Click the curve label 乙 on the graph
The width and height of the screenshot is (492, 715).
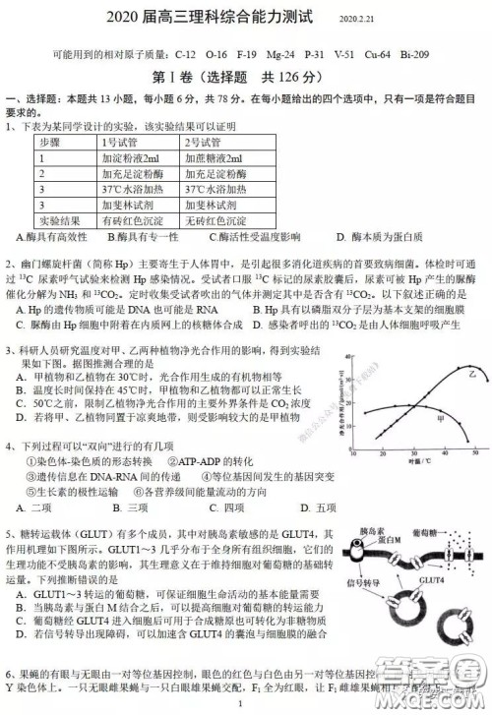click(x=444, y=375)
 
